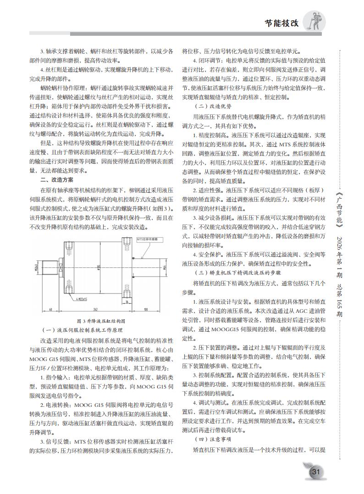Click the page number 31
tap(315, 472)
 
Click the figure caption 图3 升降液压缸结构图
tap(100, 321)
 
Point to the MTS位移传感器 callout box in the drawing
tap(149, 239)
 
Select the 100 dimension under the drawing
tap(144, 309)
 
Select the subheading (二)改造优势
tap(206, 105)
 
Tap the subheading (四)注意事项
tap(206, 439)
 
